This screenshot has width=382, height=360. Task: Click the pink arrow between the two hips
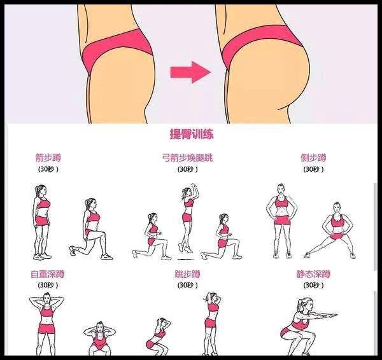click(x=190, y=71)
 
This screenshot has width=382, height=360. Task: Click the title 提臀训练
click(x=191, y=134)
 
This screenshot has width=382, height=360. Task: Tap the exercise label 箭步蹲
click(x=48, y=158)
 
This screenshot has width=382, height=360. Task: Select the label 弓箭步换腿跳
click(x=188, y=158)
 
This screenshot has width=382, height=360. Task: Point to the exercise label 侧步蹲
click(x=313, y=158)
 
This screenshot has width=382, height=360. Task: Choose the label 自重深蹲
click(x=48, y=275)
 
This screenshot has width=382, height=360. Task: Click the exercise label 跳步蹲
click(x=187, y=275)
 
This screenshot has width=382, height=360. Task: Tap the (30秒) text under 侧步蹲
click(x=313, y=169)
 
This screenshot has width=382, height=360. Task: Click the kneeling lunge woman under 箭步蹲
click(x=90, y=230)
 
